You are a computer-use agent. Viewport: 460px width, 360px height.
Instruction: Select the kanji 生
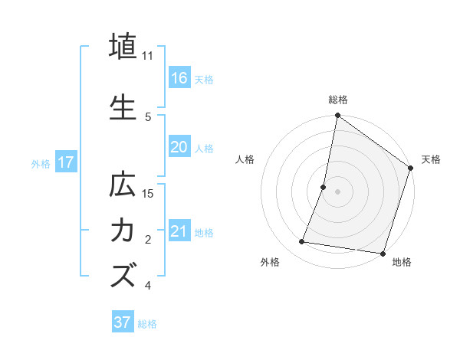pos(123,107)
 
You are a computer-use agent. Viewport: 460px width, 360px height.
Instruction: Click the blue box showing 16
pos(179,78)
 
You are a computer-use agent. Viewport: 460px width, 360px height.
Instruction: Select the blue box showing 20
pos(179,147)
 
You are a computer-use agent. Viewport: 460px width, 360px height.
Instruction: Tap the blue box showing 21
pos(179,231)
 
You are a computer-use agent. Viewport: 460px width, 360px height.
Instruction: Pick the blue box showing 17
pos(66,163)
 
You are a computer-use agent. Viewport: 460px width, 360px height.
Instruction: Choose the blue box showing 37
pos(123,322)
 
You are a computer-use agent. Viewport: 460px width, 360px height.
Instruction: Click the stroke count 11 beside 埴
pos(148,56)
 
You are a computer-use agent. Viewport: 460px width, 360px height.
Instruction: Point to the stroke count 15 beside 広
pos(149,194)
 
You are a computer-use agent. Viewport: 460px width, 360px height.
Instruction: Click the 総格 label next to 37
pos(147,324)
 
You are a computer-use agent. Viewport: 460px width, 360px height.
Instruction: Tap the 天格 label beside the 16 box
pos(204,79)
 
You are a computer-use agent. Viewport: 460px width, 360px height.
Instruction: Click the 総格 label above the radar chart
pos(337,100)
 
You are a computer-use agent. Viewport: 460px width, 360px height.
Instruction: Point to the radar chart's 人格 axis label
pos(245,159)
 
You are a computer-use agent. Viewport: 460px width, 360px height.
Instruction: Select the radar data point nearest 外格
pos(302,242)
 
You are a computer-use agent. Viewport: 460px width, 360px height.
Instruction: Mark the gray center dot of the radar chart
pos(337,191)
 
